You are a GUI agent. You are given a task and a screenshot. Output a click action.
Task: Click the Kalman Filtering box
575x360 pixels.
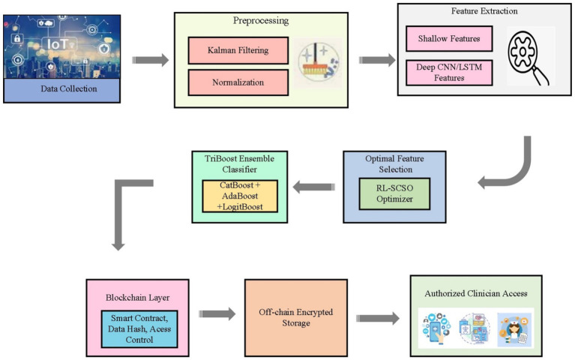click(x=238, y=50)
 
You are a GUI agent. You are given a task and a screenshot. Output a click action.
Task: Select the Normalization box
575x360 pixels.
click(x=238, y=82)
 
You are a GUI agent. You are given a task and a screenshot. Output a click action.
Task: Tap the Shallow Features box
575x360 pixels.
click(x=449, y=38)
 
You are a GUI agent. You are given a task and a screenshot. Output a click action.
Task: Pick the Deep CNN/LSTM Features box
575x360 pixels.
click(x=449, y=73)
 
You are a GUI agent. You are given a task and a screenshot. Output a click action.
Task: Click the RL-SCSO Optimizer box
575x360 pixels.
click(x=394, y=193)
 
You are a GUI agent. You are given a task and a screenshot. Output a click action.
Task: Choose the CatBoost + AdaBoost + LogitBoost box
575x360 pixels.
click(x=240, y=196)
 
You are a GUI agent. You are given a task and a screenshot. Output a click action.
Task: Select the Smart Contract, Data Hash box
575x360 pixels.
click(x=139, y=328)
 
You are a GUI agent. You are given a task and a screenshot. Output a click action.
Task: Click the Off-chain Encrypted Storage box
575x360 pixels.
click(x=296, y=318)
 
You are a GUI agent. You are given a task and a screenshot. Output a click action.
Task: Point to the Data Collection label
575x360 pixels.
click(x=69, y=88)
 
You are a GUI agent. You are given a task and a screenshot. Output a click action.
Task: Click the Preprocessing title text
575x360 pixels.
click(x=261, y=20)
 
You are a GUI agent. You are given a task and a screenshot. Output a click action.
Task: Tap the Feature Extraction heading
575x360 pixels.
click(x=484, y=11)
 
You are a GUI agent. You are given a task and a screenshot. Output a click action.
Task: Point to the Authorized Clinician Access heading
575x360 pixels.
click(x=476, y=293)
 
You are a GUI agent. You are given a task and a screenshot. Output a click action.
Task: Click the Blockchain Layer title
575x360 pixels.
click(x=137, y=298)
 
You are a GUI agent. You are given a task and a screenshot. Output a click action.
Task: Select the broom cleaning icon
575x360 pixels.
click(x=318, y=62)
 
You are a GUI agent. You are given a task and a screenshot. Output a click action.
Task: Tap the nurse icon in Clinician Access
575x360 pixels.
click(x=514, y=329)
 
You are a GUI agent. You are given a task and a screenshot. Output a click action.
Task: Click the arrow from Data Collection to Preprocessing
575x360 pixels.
click(x=151, y=60)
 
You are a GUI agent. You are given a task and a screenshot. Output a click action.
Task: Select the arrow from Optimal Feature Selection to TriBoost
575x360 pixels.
click(x=314, y=187)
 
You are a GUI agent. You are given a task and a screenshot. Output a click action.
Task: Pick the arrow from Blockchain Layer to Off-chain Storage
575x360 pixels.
click(x=217, y=313)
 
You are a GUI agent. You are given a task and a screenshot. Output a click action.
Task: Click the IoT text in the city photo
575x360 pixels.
click(x=58, y=44)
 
